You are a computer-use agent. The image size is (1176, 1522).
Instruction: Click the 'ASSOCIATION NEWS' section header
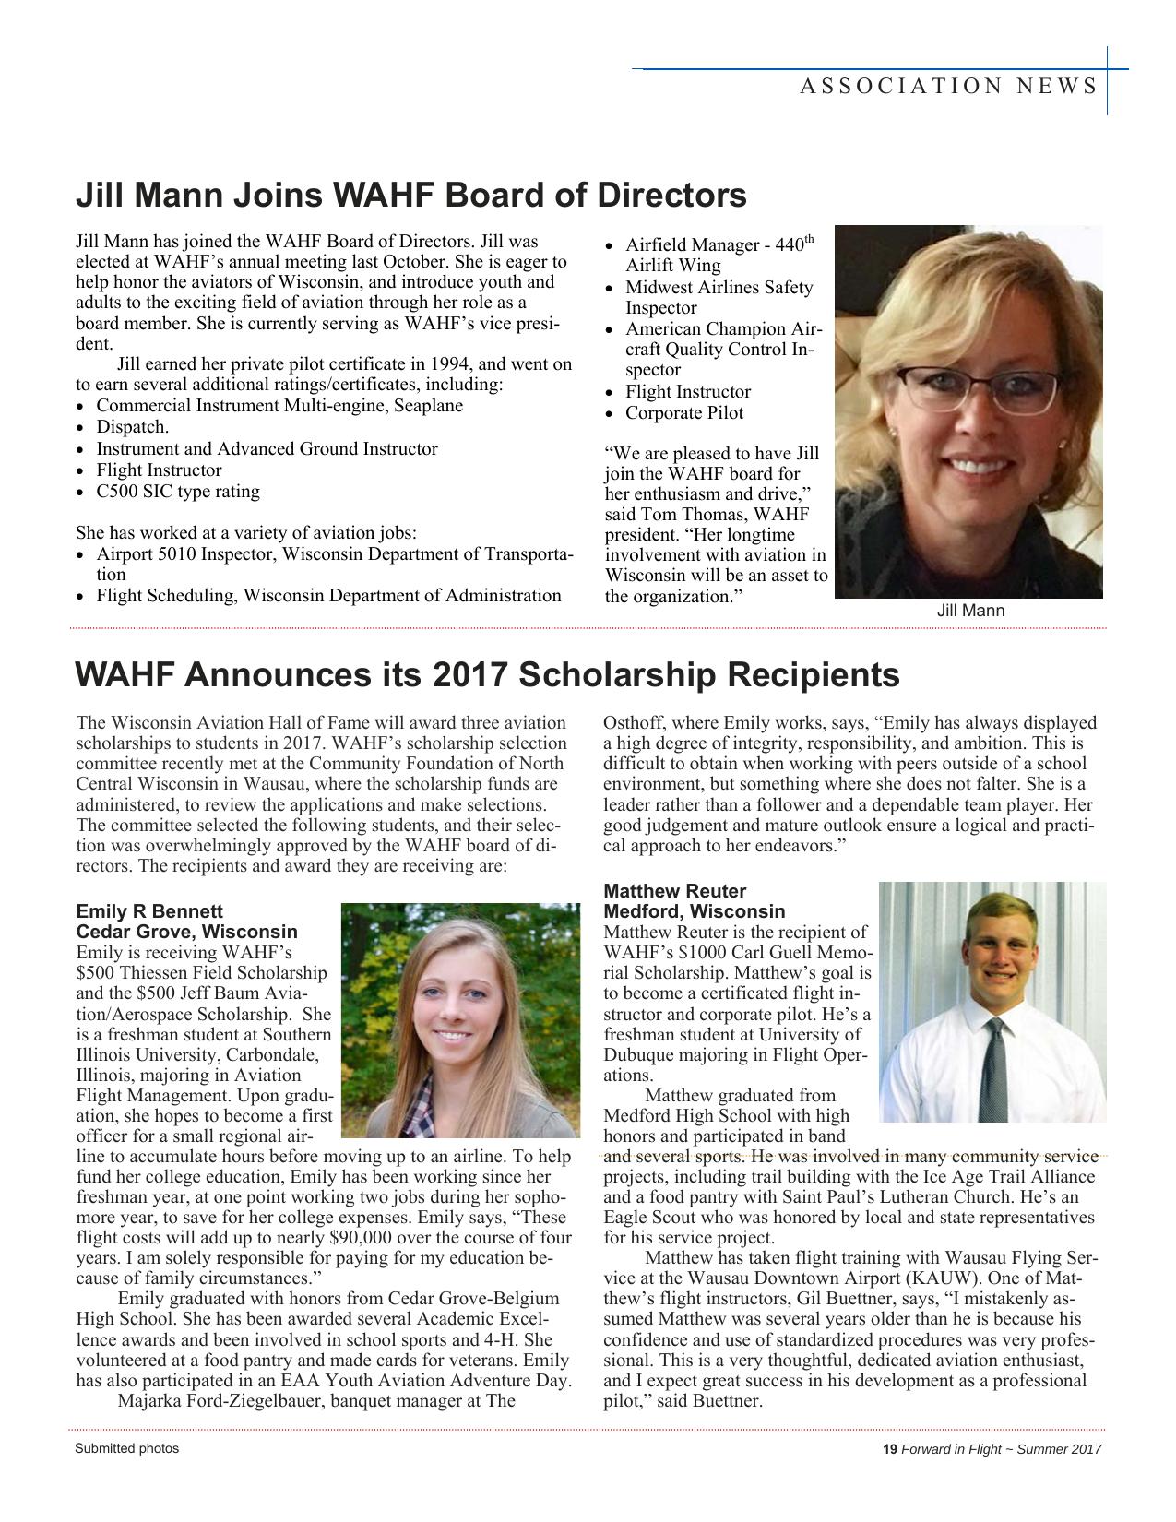pos(948,87)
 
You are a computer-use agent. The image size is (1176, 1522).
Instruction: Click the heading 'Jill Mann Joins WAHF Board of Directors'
pos(410,196)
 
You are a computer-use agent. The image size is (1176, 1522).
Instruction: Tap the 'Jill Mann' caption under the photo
pos(970,611)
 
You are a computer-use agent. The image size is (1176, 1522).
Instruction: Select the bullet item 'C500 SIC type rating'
pos(178,491)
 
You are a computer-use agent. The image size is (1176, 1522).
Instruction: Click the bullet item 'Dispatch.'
pos(133,427)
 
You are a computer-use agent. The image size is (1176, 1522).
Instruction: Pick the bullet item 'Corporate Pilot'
pos(684,412)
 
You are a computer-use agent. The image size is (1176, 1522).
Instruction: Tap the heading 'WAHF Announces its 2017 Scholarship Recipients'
pos(487,675)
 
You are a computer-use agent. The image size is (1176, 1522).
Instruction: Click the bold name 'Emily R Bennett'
pos(149,911)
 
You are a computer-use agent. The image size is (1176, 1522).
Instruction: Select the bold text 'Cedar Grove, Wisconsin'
pos(187,932)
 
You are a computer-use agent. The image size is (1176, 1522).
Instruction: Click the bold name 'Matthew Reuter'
pos(674,891)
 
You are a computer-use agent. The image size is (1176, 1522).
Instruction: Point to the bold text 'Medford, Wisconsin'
pos(694,911)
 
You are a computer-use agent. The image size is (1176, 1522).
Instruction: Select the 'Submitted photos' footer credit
pos(127,1448)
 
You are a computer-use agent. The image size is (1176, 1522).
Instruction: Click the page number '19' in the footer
pos(890,1449)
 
